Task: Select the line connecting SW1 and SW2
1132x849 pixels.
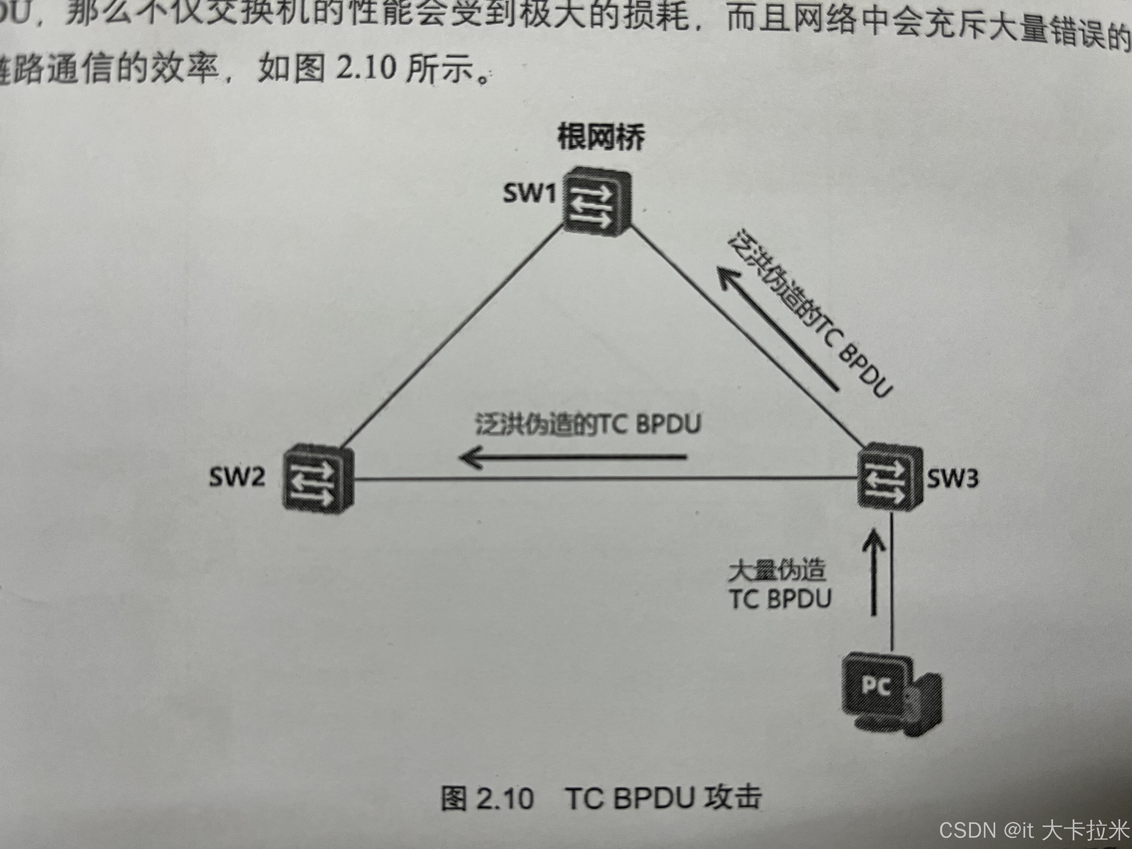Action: pyautogui.click(x=450, y=338)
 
